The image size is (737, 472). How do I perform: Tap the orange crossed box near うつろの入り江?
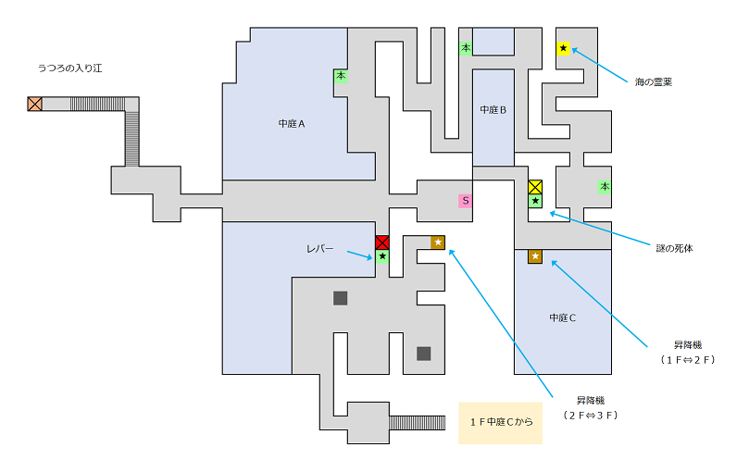35,104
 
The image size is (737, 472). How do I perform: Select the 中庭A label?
292,123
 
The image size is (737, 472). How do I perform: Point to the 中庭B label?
493,110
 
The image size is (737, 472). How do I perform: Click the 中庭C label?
563,318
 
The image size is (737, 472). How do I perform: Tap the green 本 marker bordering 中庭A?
341,77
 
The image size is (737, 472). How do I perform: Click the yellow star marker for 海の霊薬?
563,48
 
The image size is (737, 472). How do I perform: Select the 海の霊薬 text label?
654,82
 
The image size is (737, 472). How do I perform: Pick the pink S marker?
466,201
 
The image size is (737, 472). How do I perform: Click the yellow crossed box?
535,187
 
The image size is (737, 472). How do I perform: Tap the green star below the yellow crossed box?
535,201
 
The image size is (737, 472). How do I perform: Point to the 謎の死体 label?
674,249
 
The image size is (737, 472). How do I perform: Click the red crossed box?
382,242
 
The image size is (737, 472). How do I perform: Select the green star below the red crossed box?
382,256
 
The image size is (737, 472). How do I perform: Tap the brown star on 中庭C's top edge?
535,256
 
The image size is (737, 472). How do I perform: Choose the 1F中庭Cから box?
501,423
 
